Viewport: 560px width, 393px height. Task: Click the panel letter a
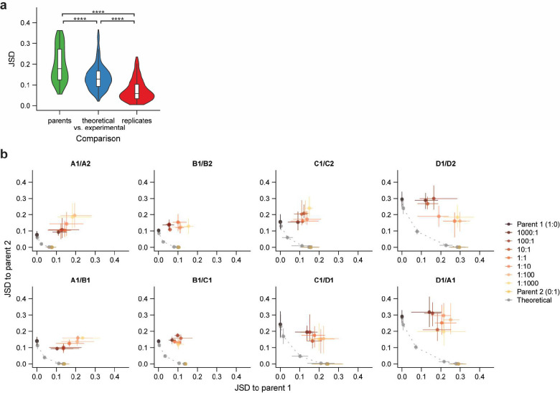6,6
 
